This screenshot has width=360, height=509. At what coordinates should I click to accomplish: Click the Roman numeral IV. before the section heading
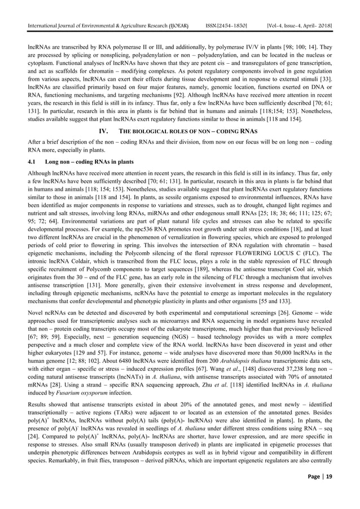pos(104,133)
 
